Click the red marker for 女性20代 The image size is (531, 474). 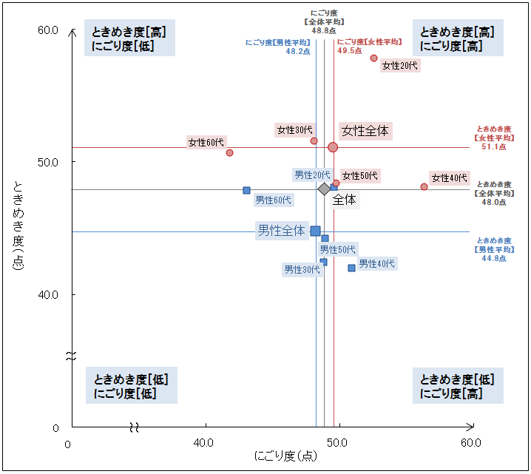373,58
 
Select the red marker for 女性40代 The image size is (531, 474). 424,187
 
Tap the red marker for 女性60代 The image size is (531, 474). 229,152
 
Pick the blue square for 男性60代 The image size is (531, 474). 246,190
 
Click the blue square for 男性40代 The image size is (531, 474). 351,268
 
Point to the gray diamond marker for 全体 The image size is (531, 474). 324,189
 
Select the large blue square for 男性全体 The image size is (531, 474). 315,231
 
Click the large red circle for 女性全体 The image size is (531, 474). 333,147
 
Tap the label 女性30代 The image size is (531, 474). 294,130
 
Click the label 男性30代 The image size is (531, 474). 302,270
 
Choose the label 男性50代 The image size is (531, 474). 337,250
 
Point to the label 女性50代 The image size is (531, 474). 359,175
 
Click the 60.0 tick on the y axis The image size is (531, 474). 48,30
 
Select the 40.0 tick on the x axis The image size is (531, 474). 203,443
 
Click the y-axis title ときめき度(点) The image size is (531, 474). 18,225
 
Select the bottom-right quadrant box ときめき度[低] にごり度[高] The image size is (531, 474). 456,386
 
